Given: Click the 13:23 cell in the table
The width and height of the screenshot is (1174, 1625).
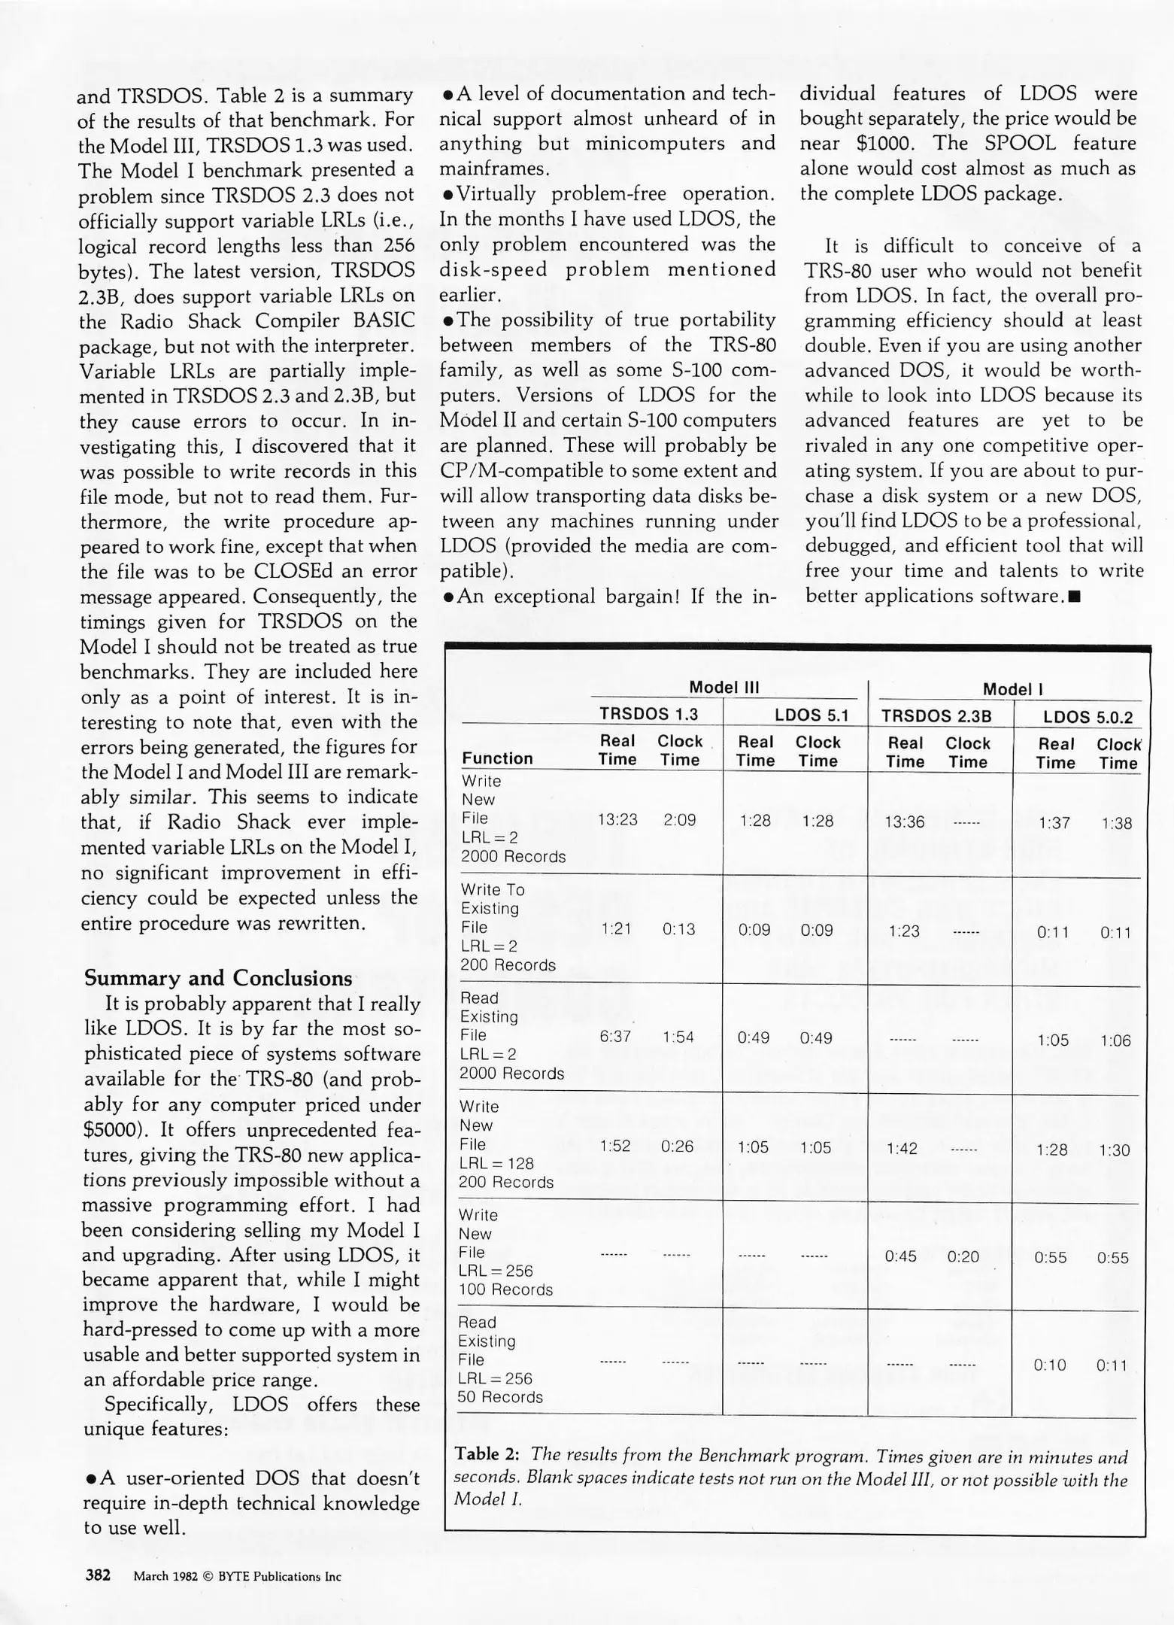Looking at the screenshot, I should tap(617, 820).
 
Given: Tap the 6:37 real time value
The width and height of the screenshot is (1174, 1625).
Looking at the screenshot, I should tap(615, 1037).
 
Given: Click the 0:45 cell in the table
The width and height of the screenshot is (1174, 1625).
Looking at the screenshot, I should tap(900, 1256).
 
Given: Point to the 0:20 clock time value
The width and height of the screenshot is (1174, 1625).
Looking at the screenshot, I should tap(963, 1256).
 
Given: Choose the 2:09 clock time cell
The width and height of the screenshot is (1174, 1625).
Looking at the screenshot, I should tap(680, 820).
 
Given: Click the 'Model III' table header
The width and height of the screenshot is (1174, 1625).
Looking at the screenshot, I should tap(724, 687).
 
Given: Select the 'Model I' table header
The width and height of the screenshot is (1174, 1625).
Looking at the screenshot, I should tap(1012, 689).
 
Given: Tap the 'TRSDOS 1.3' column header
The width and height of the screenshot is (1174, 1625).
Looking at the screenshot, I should tap(648, 714).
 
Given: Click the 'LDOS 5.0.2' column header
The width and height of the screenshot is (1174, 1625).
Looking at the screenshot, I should tap(1088, 717).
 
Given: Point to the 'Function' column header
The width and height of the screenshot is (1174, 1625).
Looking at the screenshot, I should tap(497, 758).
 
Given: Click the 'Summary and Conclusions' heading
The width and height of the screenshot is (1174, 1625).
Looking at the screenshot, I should tap(218, 978).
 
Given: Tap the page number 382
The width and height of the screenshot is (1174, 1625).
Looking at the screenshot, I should tap(99, 1575).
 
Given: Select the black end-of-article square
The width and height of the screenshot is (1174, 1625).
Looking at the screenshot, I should tap(1074, 597).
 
